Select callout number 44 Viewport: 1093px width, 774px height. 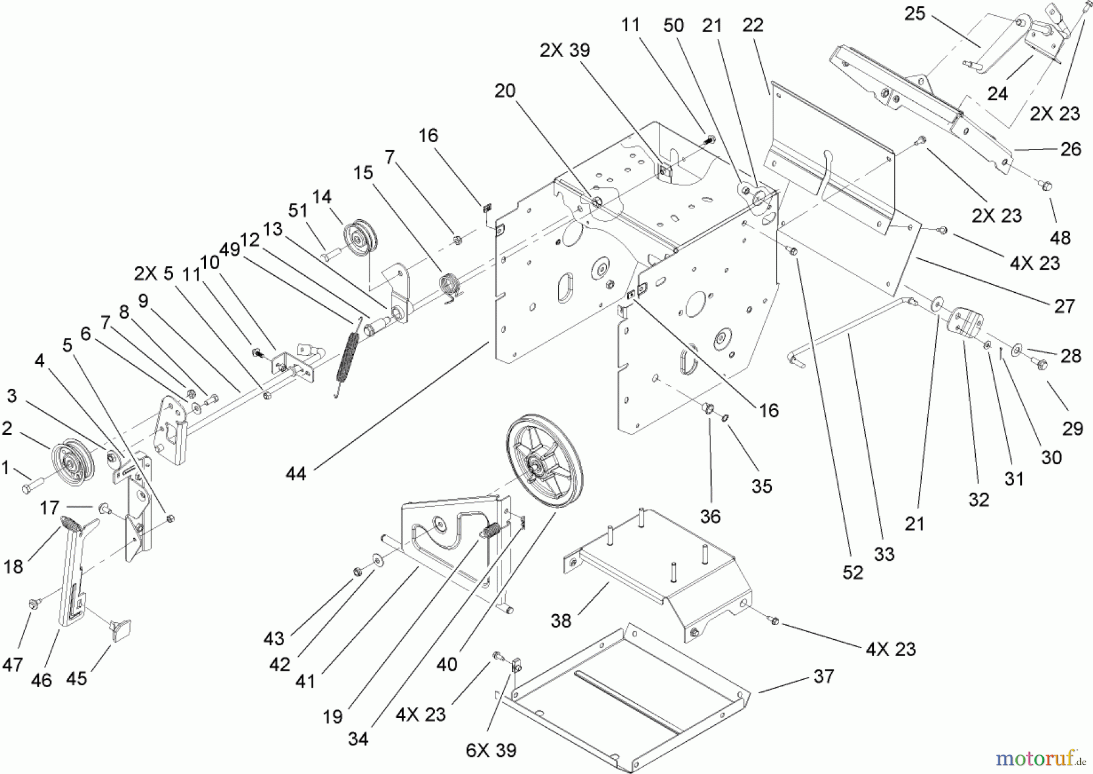pyautogui.click(x=296, y=473)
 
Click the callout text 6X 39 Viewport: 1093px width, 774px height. pyautogui.click(x=491, y=750)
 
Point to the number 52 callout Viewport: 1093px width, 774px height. pyautogui.click(x=853, y=573)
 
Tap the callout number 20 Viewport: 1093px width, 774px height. pyautogui.click(x=505, y=91)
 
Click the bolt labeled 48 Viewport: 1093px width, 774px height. pyautogui.click(x=1047, y=183)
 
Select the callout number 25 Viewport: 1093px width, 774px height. pyautogui.click(x=914, y=13)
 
